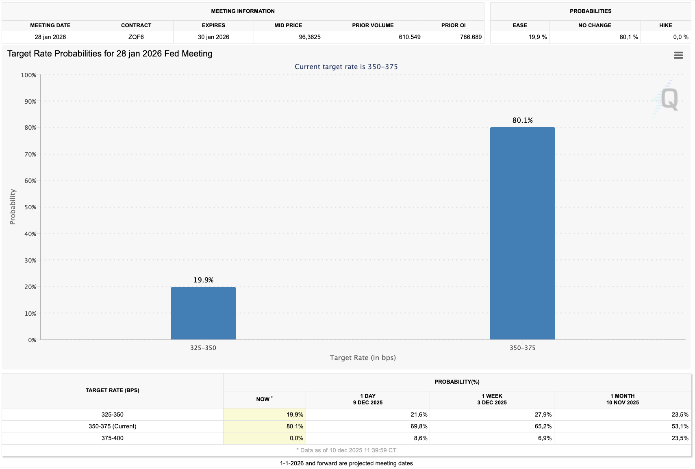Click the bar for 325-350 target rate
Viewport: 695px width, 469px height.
[x=203, y=313]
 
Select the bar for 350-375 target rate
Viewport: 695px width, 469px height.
[x=522, y=234]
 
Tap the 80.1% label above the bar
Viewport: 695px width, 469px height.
[x=522, y=120]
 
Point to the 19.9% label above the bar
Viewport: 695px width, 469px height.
[x=203, y=280]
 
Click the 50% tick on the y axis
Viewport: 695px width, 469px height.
[x=30, y=207]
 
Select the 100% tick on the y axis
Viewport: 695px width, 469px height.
[x=29, y=75]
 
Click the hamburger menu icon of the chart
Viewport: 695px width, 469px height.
[x=678, y=55]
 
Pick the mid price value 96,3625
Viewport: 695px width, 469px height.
[x=310, y=37]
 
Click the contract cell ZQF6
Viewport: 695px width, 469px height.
[x=136, y=37]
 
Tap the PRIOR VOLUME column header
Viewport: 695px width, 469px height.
[x=373, y=25]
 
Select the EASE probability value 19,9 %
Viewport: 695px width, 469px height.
[x=537, y=37]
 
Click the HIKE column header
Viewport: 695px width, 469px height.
[x=665, y=25]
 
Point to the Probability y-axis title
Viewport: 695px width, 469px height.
[x=13, y=207]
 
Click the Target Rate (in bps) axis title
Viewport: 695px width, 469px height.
[x=363, y=358]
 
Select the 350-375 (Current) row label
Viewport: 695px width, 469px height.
[x=113, y=426]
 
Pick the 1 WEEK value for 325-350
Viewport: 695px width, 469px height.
[x=543, y=415]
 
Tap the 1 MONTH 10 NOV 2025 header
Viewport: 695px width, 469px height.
[x=622, y=399]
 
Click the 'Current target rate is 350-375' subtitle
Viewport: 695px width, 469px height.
[x=346, y=67]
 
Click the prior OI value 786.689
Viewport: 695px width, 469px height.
[x=471, y=37]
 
